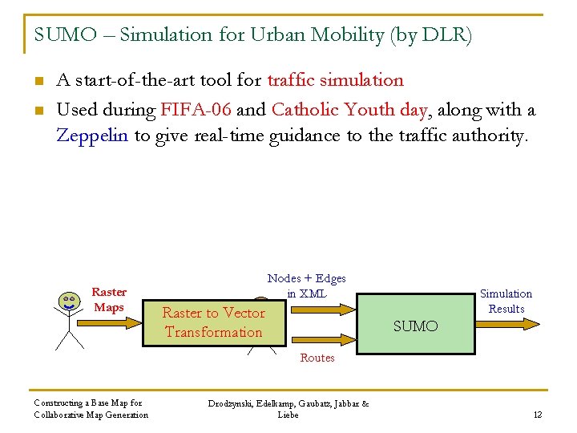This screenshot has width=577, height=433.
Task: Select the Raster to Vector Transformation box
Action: point(213,322)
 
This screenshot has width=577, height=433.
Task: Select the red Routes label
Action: point(317,358)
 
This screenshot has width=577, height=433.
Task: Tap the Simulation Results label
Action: point(506,301)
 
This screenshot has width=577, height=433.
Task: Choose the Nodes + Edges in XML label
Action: point(306,285)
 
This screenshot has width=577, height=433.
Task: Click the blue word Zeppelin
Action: point(92,136)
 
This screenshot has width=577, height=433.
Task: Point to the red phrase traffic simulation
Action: point(335,80)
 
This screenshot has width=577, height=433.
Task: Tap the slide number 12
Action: point(537,415)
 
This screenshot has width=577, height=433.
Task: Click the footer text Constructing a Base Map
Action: point(88,403)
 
